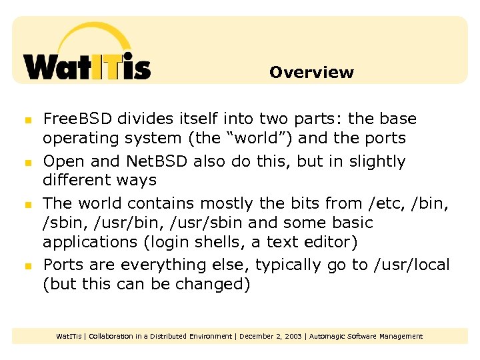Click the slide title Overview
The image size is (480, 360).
point(311,72)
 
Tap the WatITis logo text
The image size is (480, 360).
point(87,67)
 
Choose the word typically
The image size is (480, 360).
point(290,265)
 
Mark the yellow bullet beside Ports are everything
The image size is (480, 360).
point(27,266)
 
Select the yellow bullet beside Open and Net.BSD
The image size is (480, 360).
point(27,163)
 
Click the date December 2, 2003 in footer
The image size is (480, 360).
point(269,336)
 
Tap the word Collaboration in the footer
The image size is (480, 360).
point(113,336)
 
